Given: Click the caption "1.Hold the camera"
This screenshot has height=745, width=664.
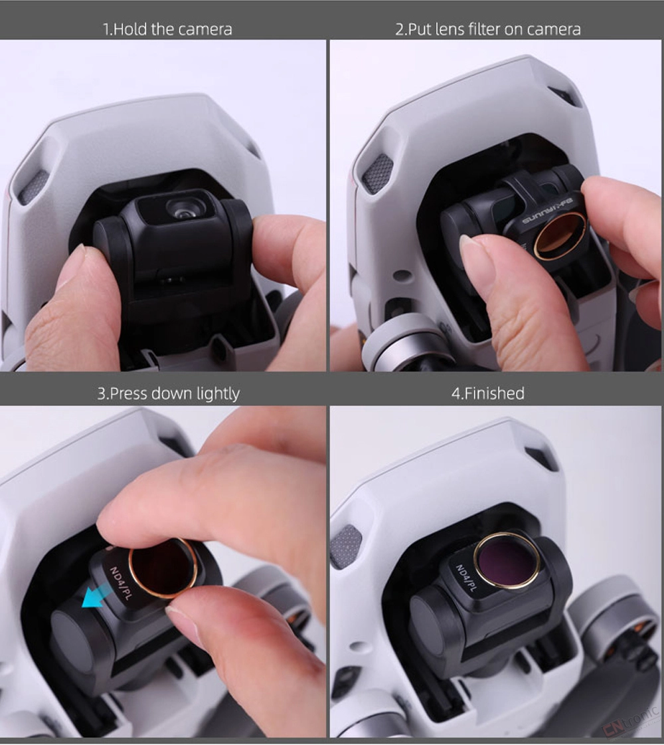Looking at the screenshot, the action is [167, 29].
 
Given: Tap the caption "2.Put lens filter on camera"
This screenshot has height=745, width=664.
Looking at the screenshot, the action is [488, 29].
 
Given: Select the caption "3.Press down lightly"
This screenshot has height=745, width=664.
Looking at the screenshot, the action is [169, 394].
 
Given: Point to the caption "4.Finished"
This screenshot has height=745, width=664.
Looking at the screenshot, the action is [488, 393].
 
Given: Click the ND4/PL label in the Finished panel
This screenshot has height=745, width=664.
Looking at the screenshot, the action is [465, 578].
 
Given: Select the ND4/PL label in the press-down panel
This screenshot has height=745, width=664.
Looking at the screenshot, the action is [120, 583].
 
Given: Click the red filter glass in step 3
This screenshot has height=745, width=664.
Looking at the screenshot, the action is [162, 568].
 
